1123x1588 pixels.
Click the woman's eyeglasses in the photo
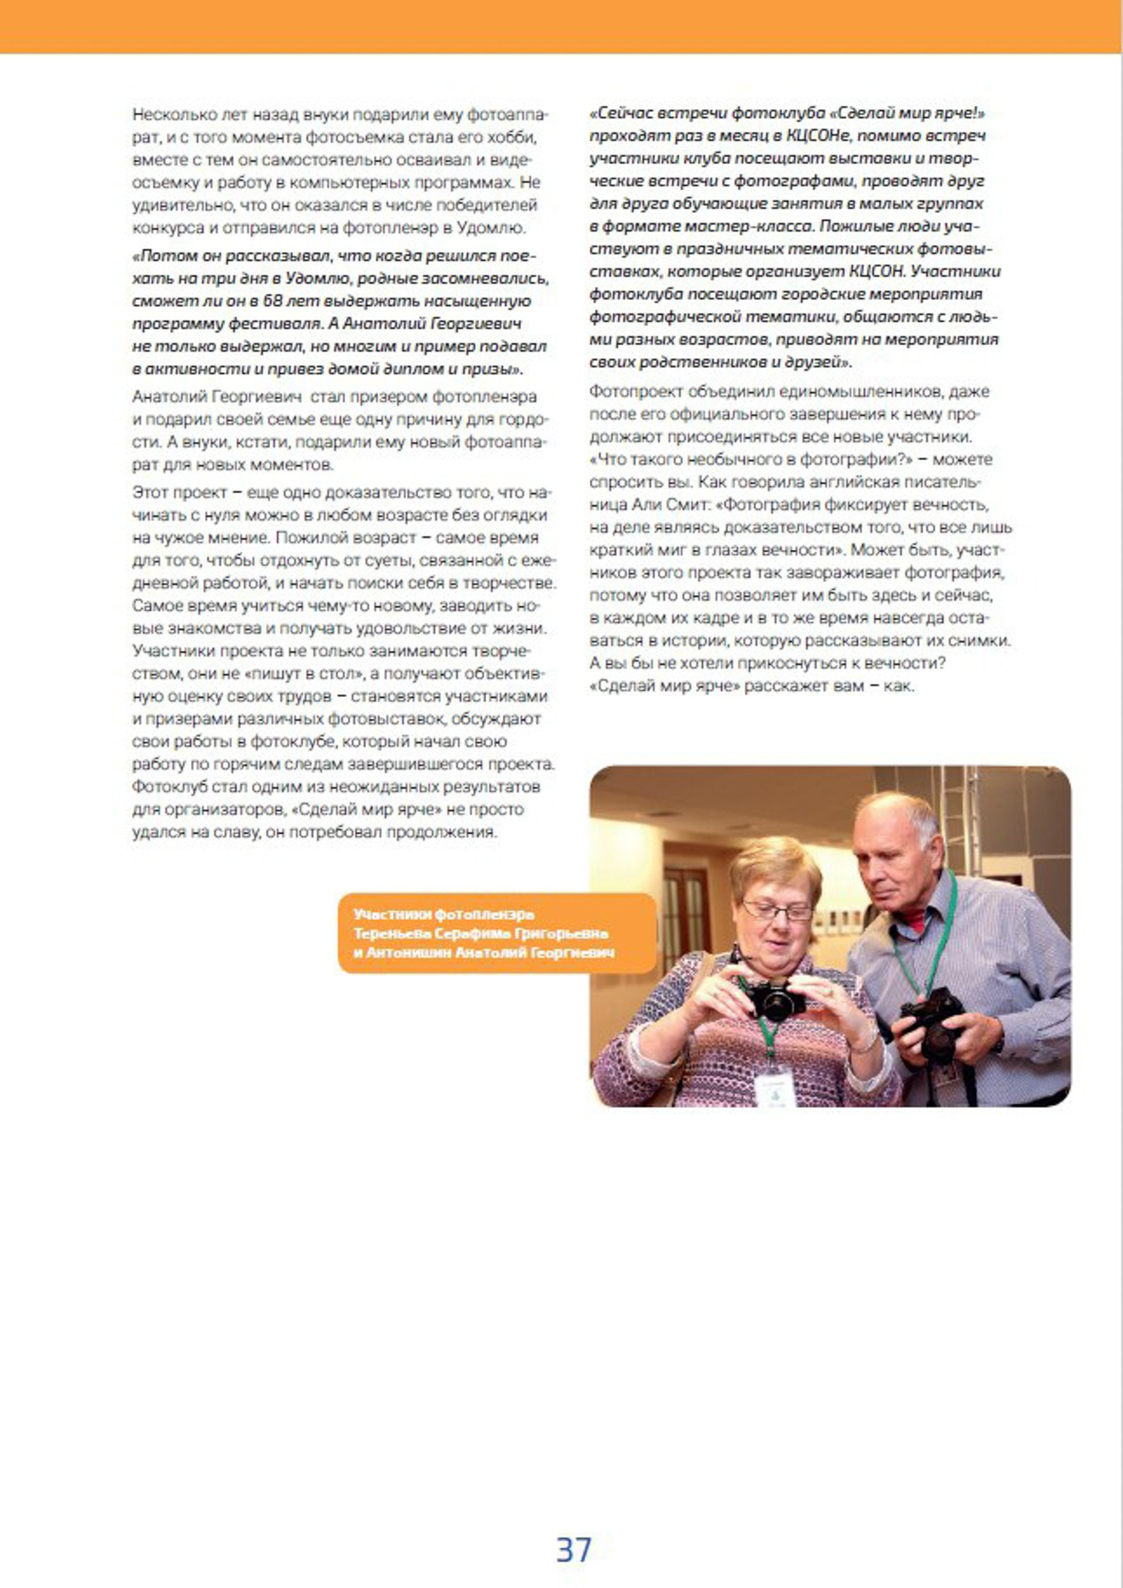[778, 911]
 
